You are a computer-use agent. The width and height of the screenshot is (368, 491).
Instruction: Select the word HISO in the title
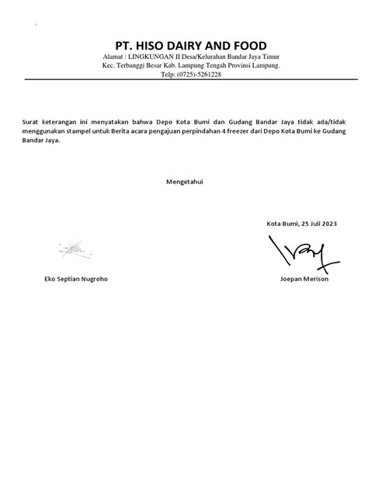click(x=136, y=45)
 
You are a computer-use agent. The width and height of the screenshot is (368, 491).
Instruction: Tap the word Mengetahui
click(x=183, y=182)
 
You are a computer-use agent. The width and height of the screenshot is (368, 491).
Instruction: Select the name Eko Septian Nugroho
click(x=77, y=279)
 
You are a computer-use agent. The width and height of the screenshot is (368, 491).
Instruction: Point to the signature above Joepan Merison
click(x=303, y=252)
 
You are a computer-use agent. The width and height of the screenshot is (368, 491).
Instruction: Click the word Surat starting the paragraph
click(x=34, y=122)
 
